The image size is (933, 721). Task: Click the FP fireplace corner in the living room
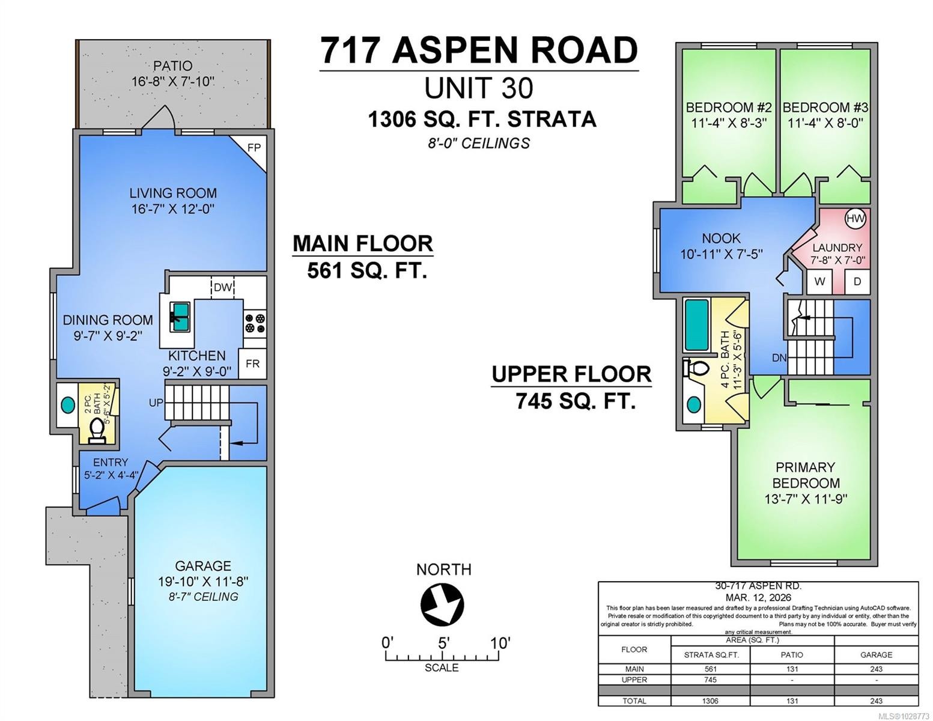tap(254, 148)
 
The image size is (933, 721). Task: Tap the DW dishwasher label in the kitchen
tap(222, 287)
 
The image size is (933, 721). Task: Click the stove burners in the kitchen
tap(255, 323)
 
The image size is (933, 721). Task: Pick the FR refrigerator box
tap(252, 364)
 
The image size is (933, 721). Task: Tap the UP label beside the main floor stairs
tap(156, 403)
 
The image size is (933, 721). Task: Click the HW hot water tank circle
tap(855, 219)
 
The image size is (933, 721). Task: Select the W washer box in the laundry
tap(819, 281)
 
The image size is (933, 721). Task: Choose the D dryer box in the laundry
tap(857, 281)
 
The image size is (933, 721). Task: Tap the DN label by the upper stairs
tap(779, 358)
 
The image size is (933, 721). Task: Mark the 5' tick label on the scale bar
tap(443, 643)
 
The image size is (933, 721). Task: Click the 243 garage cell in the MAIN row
tap(875, 669)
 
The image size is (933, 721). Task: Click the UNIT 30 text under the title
tap(478, 88)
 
